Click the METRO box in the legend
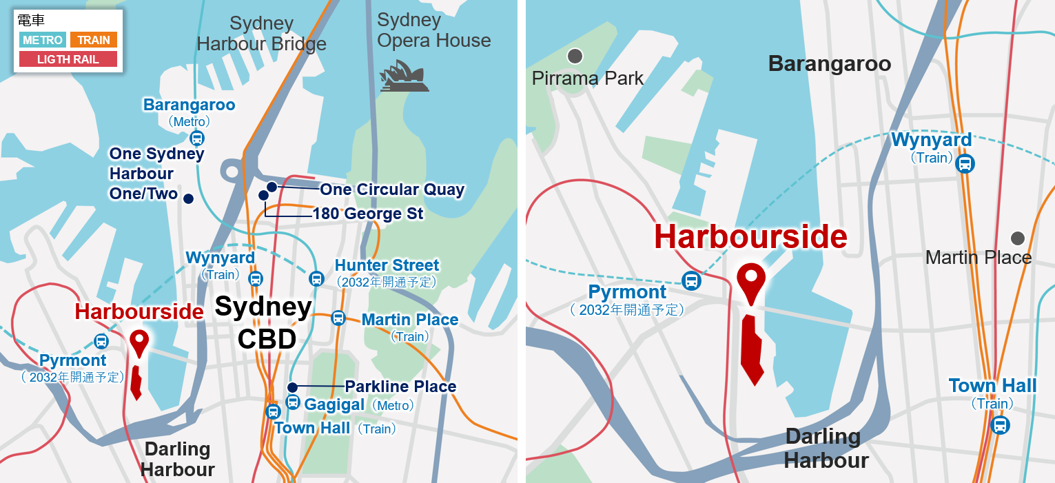coord(43,40)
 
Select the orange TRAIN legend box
coord(94,40)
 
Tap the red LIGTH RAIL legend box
coord(68,59)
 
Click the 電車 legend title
coord(31,21)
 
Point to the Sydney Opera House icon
coord(405,76)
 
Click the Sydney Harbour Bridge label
coord(261,34)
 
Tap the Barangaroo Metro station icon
coord(197,138)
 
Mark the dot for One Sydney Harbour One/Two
coord(188,198)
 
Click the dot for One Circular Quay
coord(272,187)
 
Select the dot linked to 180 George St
coord(263,195)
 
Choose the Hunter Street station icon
coord(316,278)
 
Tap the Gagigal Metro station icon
coord(293,402)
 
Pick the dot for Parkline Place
coord(292,387)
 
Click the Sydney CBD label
coord(264,322)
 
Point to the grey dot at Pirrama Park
coord(575,55)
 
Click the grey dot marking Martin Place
coord(1017,238)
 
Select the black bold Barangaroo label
coord(829,64)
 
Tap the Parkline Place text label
coord(400,387)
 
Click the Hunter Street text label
coord(387,265)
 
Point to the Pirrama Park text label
coord(587,78)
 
